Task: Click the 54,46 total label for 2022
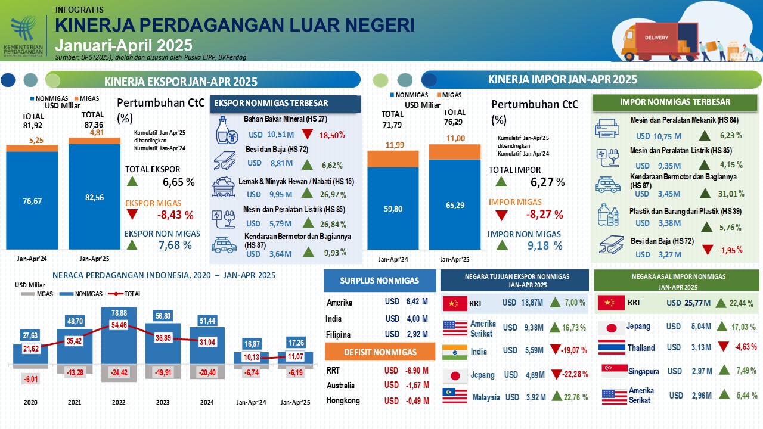click(119, 325)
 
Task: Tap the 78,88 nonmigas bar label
click(119, 313)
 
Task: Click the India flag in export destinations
click(454, 352)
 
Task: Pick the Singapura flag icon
click(614, 371)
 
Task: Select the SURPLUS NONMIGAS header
click(380, 281)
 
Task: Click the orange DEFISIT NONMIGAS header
click(380, 352)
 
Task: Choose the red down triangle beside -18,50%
click(308, 134)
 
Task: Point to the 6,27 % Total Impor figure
click(547, 182)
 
